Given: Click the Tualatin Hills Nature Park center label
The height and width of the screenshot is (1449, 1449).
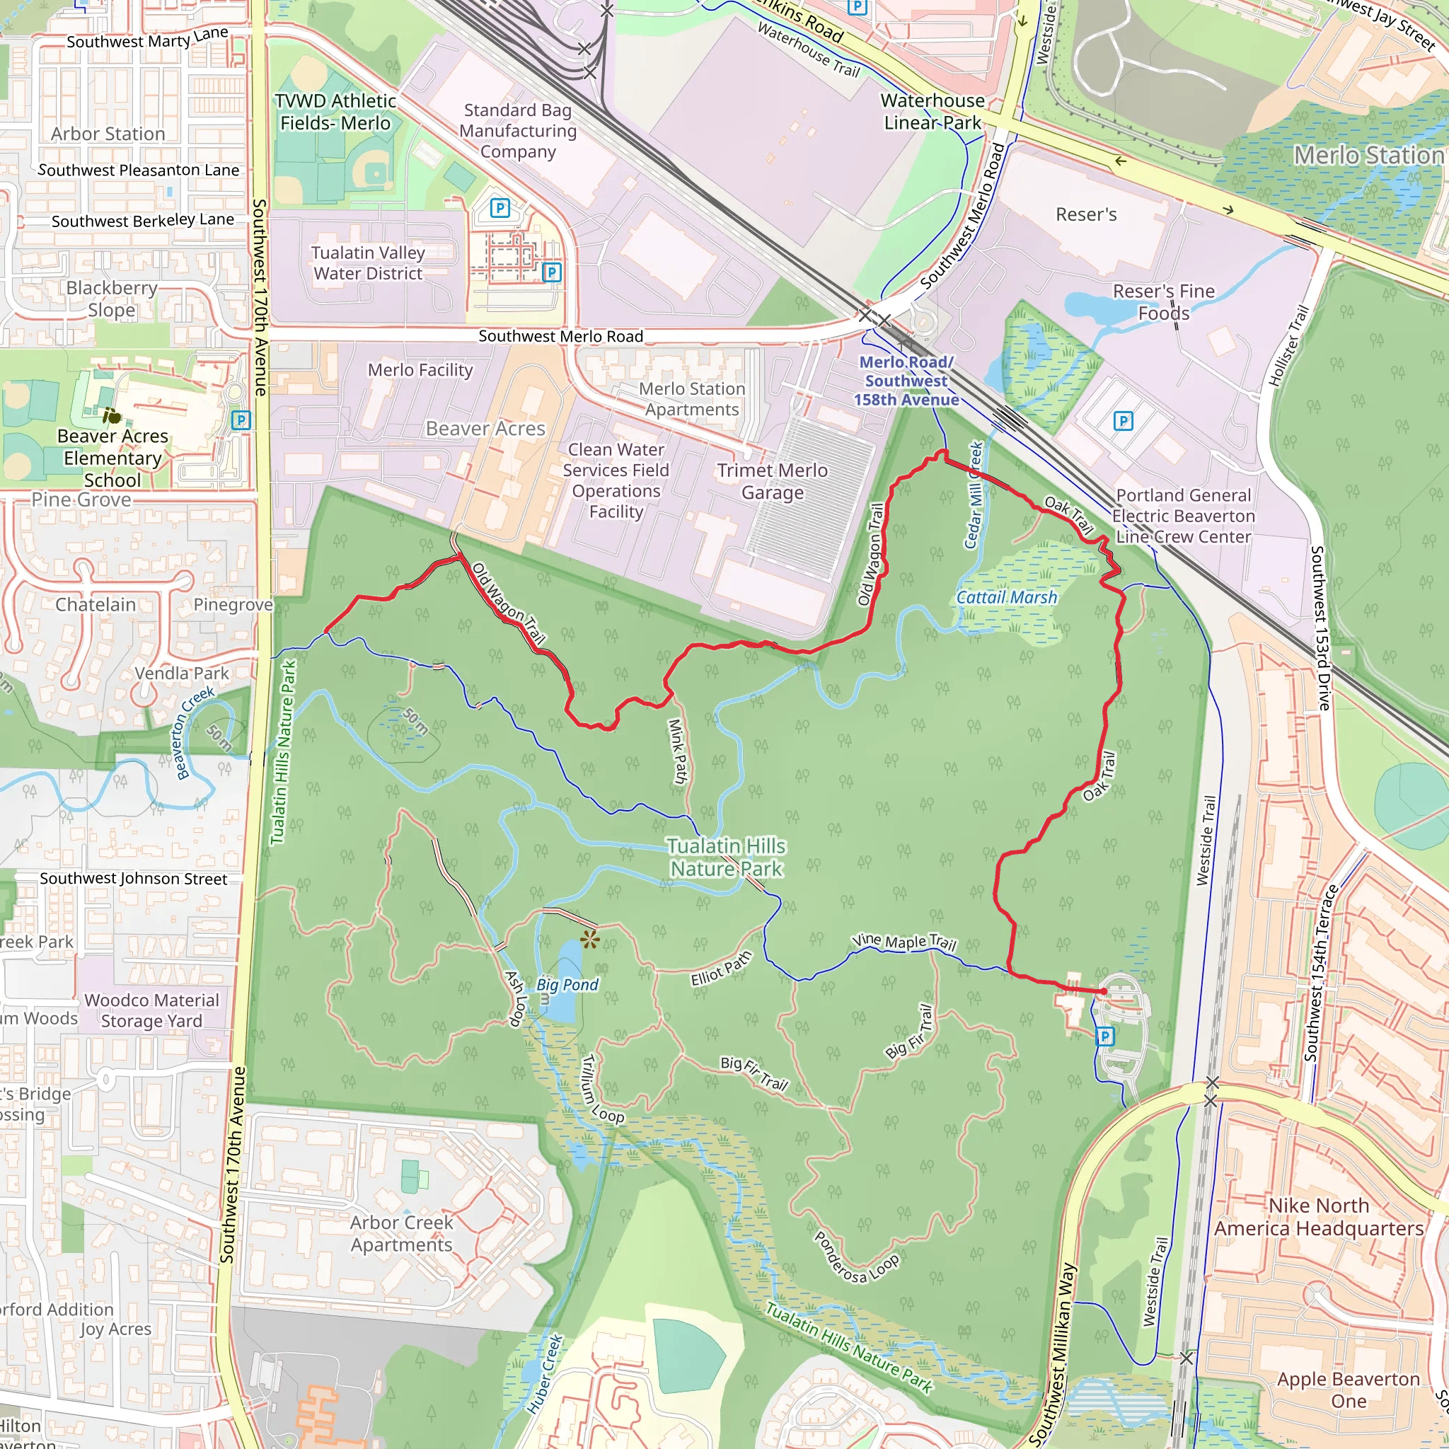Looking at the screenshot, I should tap(726, 858).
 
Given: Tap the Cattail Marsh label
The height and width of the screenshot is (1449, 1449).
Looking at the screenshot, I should tap(1007, 598).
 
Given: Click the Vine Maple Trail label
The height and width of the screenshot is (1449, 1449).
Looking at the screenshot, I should tap(904, 942).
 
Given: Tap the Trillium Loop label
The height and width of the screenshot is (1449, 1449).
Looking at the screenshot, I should tap(602, 1089).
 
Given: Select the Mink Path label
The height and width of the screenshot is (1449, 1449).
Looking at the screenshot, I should tap(677, 751).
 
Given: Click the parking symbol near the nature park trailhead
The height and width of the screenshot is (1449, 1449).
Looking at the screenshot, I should tap(1104, 1037).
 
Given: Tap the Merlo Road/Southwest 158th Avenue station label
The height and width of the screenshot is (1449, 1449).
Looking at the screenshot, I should tap(906, 381).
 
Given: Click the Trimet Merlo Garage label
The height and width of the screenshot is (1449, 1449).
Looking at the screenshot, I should tap(773, 482).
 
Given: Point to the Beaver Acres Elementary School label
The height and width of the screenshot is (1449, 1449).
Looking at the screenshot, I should tap(112, 458).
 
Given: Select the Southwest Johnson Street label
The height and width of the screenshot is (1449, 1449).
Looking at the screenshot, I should tap(134, 878).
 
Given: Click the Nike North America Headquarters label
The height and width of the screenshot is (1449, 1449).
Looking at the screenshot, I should tap(1319, 1216).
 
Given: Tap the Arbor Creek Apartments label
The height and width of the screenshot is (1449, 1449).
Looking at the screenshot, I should tap(401, 1234).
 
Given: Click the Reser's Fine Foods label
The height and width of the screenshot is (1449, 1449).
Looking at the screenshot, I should tap(1163, 301).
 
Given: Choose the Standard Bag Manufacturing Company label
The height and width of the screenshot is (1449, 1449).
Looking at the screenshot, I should tap(518, 130).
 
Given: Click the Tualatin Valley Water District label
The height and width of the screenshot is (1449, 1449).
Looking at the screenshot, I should tap(368, 263).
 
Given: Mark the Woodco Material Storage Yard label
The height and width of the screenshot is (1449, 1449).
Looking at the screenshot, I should tap(151, 1010).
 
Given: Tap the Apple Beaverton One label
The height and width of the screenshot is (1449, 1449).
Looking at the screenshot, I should tap(1348, 1390).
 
